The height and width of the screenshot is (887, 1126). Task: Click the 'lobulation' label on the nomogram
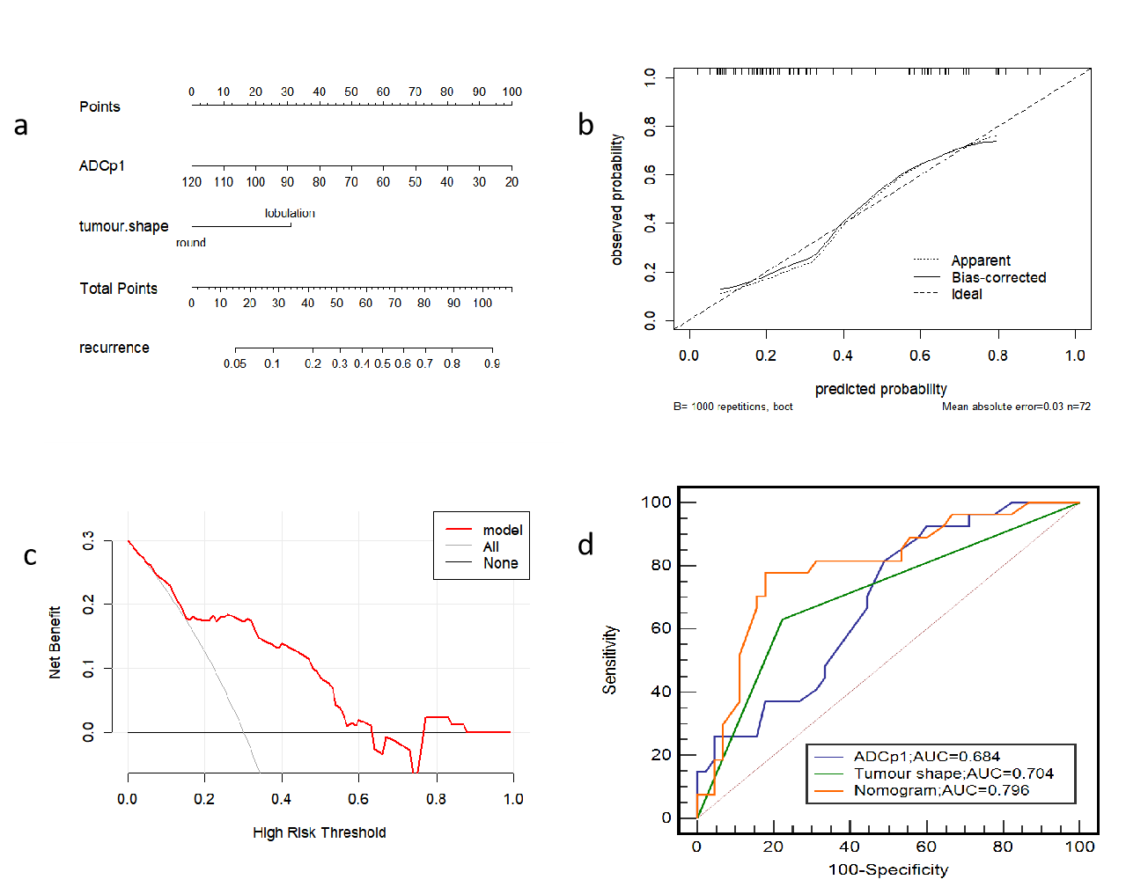click(290, 213)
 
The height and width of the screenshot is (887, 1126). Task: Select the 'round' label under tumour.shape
click(190, 243)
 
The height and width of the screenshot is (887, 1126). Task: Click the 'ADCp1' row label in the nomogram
click(102, 165)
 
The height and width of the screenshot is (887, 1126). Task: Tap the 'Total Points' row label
click(118, 289)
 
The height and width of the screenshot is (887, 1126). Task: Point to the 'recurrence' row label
click(114, 348)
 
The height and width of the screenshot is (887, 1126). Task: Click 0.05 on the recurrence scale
click(235, 363)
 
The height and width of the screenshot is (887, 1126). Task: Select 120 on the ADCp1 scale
click(192, 182)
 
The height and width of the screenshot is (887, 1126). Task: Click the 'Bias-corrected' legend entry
click(998, 277)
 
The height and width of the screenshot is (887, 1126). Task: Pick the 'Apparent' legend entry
click(981, 260)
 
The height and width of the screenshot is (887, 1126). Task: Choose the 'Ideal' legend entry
click(967, 294)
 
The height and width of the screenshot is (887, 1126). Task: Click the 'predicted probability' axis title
click(880, 389)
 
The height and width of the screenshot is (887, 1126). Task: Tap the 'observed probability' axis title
click(617, 200)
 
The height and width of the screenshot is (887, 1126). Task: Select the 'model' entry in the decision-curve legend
click(502, 530)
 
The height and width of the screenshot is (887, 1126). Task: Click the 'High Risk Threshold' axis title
click(319, 832)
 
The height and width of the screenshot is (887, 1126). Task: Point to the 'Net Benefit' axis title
click(55, 642)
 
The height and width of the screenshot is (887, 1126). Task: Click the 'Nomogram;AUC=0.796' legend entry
click(941, 790)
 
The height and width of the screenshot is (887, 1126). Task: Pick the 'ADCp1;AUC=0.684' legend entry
click(926, 756)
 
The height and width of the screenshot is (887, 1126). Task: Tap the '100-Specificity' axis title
click(887, 870)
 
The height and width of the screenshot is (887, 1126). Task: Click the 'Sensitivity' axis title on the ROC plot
click(610, 660)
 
